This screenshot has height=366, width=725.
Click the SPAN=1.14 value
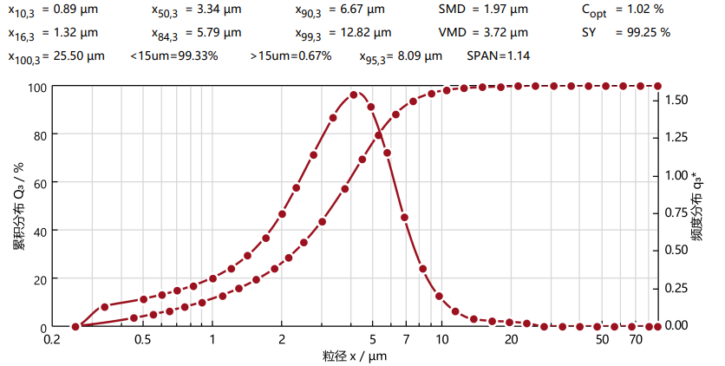499,56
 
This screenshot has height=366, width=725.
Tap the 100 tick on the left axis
36,87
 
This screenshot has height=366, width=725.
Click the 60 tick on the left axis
39,183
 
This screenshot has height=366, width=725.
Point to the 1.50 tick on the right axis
676,100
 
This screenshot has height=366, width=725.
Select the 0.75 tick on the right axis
676,212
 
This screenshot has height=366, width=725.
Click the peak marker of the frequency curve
354,95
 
